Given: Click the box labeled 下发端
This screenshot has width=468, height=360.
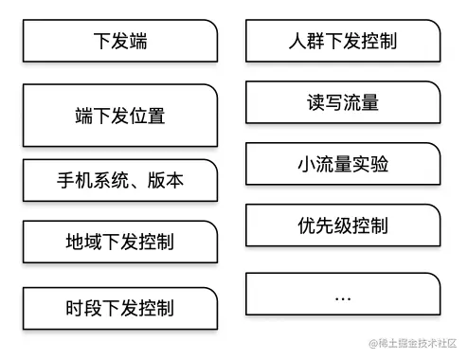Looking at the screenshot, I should point(120,42).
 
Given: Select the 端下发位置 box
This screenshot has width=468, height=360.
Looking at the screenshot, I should point(120,116).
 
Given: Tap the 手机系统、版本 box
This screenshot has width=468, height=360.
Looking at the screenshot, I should point(120,180).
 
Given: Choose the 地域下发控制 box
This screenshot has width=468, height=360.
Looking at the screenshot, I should point(120,243).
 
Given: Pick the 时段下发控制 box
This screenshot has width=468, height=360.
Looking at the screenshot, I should point(120,307).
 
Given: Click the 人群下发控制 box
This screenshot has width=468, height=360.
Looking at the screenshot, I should point(343,42).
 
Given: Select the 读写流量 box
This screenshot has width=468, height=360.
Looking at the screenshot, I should point(343,102).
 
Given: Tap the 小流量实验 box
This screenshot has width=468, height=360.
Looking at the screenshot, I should point(343,164).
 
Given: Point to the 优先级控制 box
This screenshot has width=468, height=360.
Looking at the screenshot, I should point(343,225).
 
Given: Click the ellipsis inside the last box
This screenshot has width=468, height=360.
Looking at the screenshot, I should point(343,297).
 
